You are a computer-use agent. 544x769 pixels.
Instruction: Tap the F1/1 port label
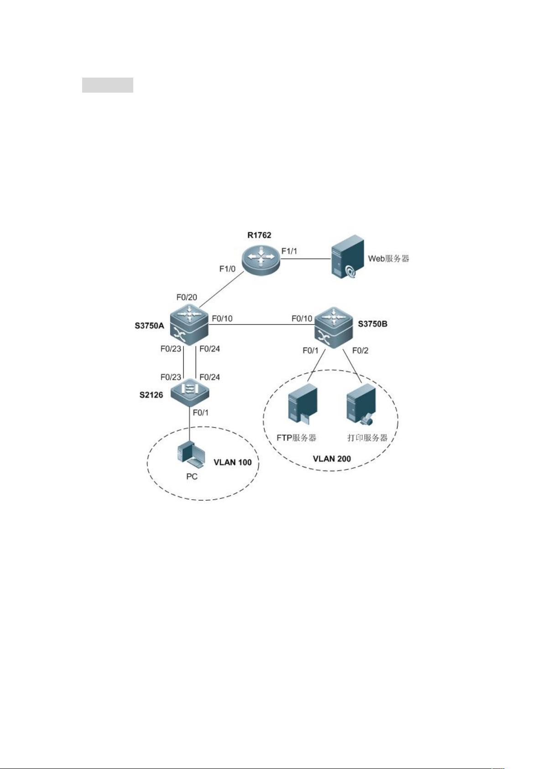(289, 251)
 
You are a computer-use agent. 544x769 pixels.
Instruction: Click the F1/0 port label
(227, 269)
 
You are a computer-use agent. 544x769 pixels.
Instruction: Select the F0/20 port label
(187, 298)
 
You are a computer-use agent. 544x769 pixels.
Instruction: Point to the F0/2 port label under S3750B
(360, 350)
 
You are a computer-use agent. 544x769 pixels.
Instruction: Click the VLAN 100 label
(232, 462)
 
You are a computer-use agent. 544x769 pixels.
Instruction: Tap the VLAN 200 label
(332, 459)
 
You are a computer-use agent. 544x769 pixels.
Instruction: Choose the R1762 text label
(259, 235)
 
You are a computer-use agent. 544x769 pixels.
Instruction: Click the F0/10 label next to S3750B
(302, 318)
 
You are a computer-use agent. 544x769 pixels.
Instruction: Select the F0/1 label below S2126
(200, 413)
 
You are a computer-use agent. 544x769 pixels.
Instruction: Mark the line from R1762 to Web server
(304, 259)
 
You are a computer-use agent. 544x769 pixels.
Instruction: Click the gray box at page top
(108, 85)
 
